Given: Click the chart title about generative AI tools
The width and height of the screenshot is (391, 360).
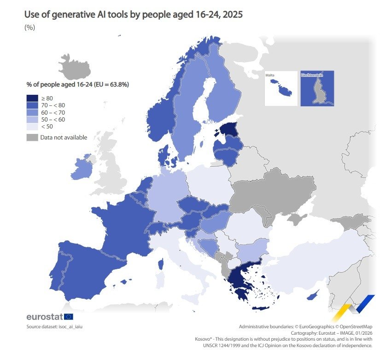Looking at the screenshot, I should pos(133,15).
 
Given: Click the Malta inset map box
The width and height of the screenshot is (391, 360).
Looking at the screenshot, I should pos(281,88).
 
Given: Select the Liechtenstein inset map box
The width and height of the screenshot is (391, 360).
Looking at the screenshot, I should pos(317,88).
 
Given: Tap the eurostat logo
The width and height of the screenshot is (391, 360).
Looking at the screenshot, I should pos(50,317).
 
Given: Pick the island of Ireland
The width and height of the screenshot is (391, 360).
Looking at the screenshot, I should pos(82,168).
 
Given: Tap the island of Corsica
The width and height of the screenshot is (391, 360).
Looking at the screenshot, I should pos(162,264).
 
